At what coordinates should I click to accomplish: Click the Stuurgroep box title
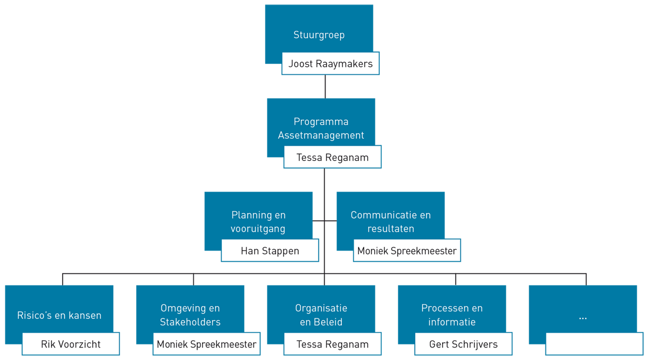click(x=319, y=35)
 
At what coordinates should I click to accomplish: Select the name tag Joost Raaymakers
click(x=330, y=64)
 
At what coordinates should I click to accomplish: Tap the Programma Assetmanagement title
click(x=321, y=128)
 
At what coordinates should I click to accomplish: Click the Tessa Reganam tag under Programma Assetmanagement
click(x=333, y=158)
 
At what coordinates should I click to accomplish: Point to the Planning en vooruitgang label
click(x=258, y=222)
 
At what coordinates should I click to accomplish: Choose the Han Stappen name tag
click(x=270, y=251)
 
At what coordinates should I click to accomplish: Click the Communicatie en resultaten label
click(x=390, y=222)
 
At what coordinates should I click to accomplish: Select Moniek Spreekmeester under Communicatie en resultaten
click(x=407, y=251)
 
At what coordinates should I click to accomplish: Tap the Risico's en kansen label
click(x=59, y=315)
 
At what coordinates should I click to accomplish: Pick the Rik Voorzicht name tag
click(x=71, y=344)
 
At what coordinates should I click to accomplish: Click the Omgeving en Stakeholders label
click(x=190, y=315)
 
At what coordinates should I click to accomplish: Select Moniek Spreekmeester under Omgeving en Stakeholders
click(x=206, y=344)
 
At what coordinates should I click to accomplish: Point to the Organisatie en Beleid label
click(x=321, y=315)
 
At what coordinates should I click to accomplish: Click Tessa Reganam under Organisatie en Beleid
click(x=333, y=344)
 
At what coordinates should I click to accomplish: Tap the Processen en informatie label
click(x=452, y=315)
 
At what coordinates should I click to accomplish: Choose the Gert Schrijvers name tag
click(x=463, y=344)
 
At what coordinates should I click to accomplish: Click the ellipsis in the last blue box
click(x=583, y=317)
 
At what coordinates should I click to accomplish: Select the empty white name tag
click(x=594, y=344)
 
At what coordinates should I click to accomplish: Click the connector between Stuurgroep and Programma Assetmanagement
click(x=325, y=86)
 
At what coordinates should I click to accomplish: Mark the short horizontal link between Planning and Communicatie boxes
click(x=325, y=221)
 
